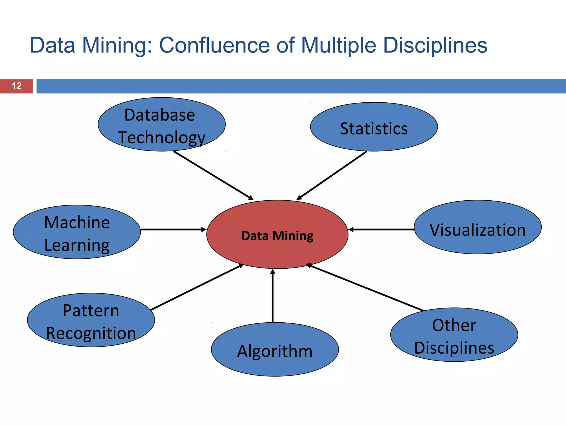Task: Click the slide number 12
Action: click(x=17, y=86)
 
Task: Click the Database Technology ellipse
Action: click(x=162, y=125)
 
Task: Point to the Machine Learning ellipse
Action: click(x=77, y=232)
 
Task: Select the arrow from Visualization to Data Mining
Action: click(x=381, y=230)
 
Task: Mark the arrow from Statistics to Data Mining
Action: click(x=332, y=175)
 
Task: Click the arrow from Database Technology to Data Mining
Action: click(x=213, y=175)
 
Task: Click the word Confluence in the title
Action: click(x=214, y=45)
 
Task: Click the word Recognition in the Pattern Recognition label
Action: click(x=91, y=333)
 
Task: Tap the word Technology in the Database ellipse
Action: click(x=162, y=138)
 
